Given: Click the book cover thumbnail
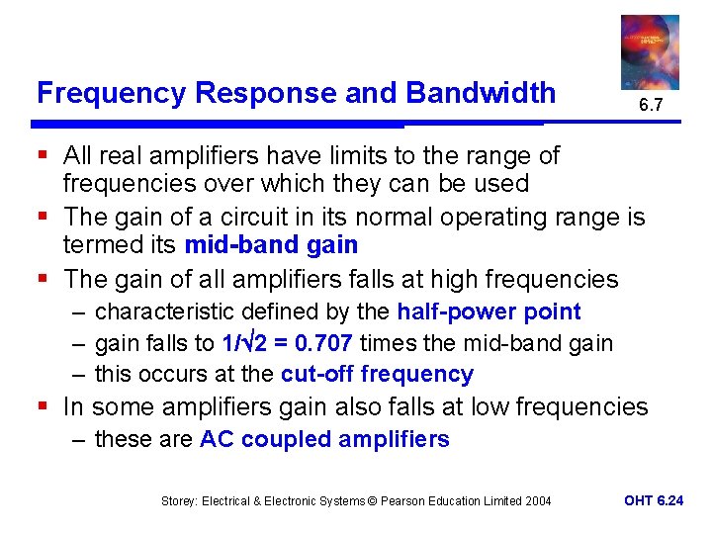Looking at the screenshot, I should point(649,51).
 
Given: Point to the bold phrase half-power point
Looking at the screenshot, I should point(489,311).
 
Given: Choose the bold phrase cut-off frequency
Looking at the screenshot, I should point(377,374).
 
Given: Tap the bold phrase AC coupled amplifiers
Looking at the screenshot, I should point(324,439).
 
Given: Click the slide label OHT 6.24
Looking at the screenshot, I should point(654,500).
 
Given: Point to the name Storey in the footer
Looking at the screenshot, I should point(179,501).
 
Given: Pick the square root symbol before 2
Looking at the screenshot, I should point(259,341).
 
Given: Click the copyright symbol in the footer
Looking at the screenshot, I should point(370,501).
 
